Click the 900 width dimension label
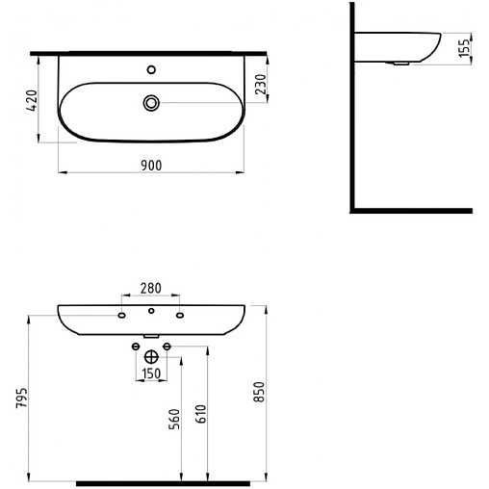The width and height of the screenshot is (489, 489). pyautogui.click(x=150, y=165)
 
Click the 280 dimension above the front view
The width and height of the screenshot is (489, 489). pyautogui.click(x=151, y=287)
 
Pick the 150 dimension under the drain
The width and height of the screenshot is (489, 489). pyautogui.click(x=151, y=373)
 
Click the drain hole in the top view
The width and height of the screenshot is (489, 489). pyautogui.click(x=151, y=102)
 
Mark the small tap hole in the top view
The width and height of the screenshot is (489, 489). pyautogui.click(x=151, y=69)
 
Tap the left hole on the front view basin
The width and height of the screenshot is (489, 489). pyautogui.click(x=122, y=315)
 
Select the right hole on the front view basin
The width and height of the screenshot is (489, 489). pyautogui.click(x=180, y=315)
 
